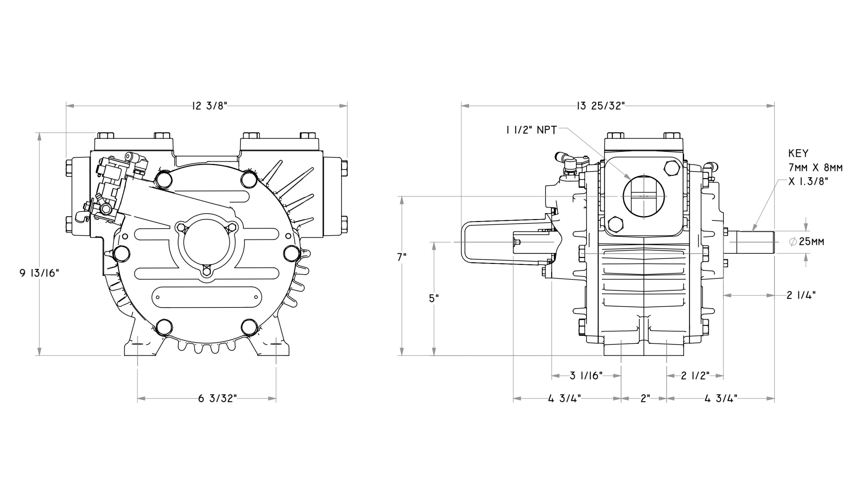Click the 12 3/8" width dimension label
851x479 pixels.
click(209, 106)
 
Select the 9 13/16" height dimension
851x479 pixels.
click(40, 273)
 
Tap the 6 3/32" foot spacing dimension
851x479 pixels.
click(217, 398)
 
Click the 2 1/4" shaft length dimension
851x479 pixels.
click(801, 295)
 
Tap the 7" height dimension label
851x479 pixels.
click(403, 257)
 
